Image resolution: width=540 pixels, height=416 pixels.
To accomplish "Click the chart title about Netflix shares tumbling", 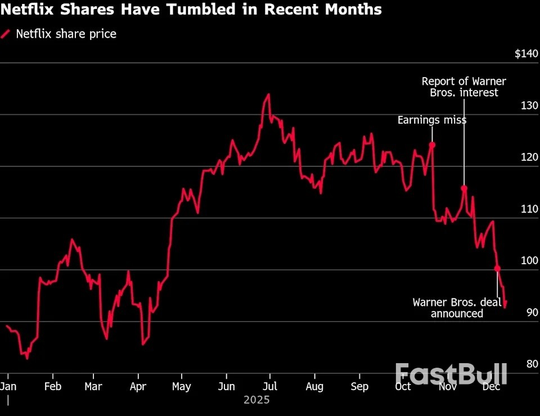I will [191, 10].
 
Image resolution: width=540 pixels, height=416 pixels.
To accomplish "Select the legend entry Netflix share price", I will [66, 34].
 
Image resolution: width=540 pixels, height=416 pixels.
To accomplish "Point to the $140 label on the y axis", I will [526, 54].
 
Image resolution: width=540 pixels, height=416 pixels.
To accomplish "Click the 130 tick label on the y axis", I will [530, 106].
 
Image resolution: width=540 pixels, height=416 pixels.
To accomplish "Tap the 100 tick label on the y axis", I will [530, 261].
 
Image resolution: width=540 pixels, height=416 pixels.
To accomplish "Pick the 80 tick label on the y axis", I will [532, 364].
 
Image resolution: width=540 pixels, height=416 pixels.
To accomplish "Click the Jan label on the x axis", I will [8, 387].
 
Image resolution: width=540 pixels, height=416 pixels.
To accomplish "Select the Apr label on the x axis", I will [138, 387].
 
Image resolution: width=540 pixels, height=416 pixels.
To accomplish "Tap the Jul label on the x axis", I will [270, 387].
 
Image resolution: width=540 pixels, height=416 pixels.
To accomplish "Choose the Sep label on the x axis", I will [359, 387].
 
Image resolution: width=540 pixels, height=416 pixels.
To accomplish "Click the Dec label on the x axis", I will [492, 387].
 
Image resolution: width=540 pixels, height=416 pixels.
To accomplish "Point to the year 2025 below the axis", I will [256, 400].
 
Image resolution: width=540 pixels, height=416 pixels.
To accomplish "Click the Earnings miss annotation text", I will [431, 120].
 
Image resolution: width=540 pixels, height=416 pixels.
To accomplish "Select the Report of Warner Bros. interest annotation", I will [463, 87].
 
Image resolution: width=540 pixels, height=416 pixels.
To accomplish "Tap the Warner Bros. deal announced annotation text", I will [457, 308].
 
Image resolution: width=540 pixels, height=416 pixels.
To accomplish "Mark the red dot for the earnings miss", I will [432, 144].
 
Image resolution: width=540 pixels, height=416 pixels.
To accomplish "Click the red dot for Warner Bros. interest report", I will [464, 188].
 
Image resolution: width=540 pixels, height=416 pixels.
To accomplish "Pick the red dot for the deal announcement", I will [497, 268].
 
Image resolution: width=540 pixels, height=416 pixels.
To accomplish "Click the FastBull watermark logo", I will [451, 374].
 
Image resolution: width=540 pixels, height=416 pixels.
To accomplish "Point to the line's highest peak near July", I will [268, 94].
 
